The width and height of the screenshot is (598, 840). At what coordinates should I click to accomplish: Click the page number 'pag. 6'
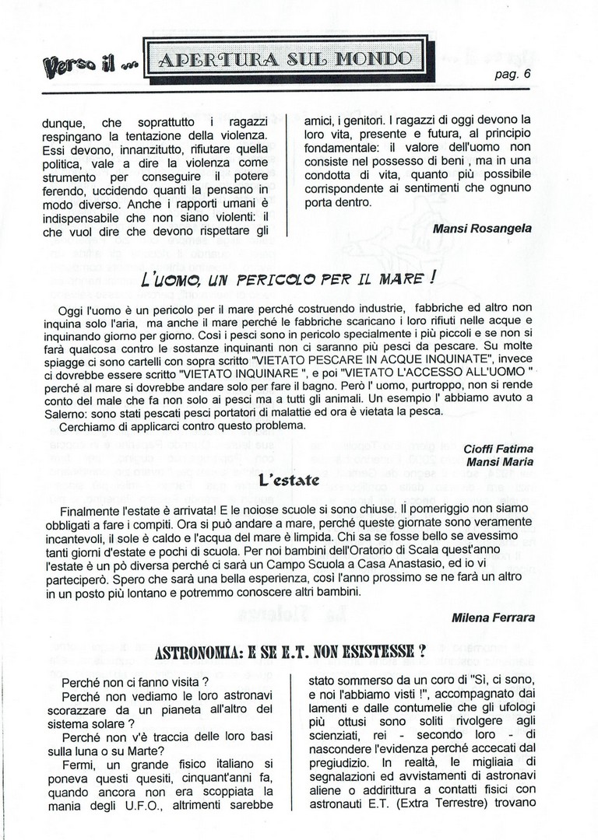[x=512, y=75]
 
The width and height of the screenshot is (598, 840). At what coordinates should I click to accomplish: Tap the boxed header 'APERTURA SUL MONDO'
[x=284, y=58]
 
